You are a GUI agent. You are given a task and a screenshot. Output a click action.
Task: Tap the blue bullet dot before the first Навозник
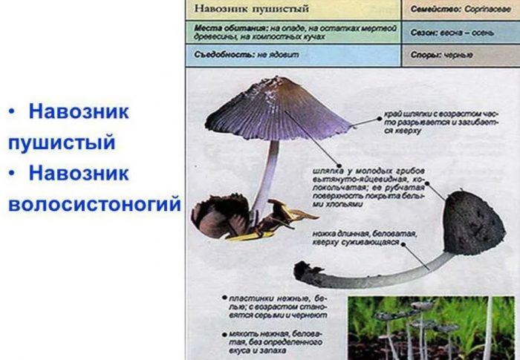coord(12,112)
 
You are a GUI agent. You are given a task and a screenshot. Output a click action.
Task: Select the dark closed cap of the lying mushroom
coord(472,223)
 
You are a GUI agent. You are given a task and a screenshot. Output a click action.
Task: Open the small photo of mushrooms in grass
coord(432,326)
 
